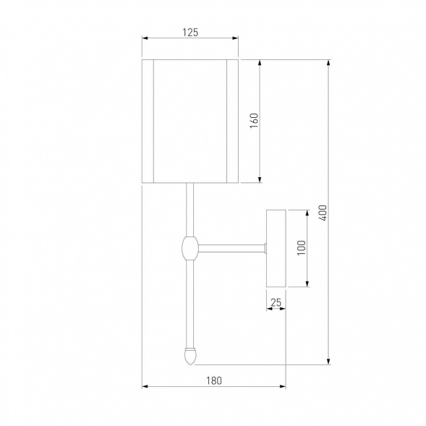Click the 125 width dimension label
pyautogui.click(x=189, y=32)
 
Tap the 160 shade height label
pyautogui.click(x=254, y=120)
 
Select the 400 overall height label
pyautogui.click(x=323, y=213)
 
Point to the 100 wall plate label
pyautogui.click(x=302, y=247)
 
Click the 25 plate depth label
pyautogui.click(x=276, y=302)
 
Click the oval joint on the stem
pyautogui.click(x=190, y=249)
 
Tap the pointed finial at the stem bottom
pyautogui.click(x=190, y=355)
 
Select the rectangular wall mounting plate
pyautogui.click(x=276, y=247)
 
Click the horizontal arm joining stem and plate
pyautogui.click(x=231, y=249)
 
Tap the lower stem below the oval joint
pyautogui.click(x=190, y=304)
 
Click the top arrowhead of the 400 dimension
pyautogui.click(x=329, y=63)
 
